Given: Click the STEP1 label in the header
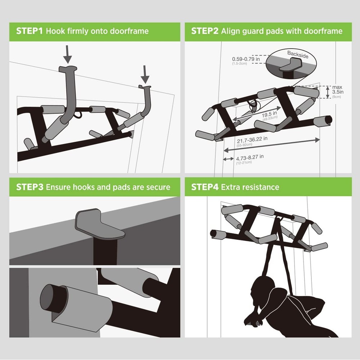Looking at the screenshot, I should tap(29, 31).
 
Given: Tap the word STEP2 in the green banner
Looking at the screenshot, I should tap(204, 31).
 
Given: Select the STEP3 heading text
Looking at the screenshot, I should tap(29, 187).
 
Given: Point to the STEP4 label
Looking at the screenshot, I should tap(204, 187).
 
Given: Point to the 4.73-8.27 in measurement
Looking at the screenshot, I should tap(250, 157).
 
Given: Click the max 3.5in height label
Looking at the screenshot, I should tap(338, 90).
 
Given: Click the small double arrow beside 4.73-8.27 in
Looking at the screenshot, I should tap(228, 159).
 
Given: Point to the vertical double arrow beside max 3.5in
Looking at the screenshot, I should tap(327, 92).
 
